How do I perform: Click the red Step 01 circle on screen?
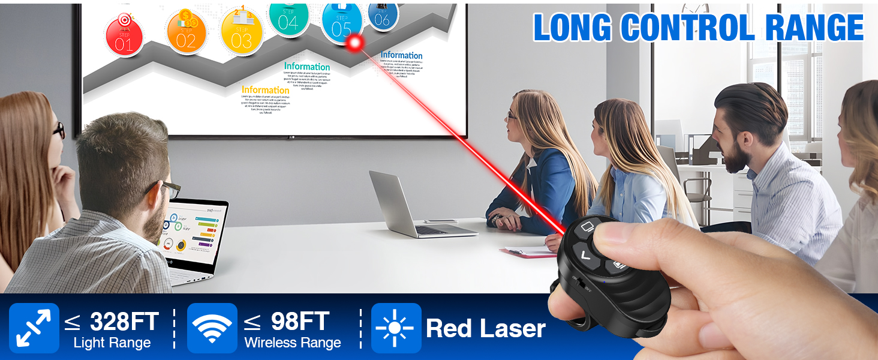[x=124, y=35]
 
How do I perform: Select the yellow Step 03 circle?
[x=241, y=31]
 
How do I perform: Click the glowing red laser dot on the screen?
[x=355, y=42]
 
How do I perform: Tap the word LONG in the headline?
[x=572, y=28]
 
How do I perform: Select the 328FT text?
[x=124, y=322]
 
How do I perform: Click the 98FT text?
[x=300, y=322]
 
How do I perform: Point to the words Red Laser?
[x=485, y=328]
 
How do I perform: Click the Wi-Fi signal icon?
[x=212, y=328]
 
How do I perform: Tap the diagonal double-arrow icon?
[x=34, y=328]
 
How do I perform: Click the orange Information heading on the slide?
[x=264, y=90]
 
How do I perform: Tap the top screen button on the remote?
[x=587, y=229]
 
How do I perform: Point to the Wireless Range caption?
[x=293, y=343]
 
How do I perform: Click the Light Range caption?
[x=112, y=343]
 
